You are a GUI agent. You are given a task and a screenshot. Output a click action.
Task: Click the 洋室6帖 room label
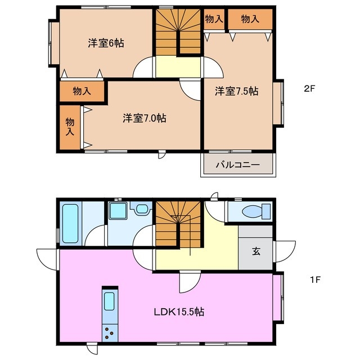click(x=106, y=43)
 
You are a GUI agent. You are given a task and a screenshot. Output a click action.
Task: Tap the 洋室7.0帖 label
click(x=145, y=118)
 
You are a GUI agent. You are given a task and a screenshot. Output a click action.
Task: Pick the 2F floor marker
click(x=310, y=88)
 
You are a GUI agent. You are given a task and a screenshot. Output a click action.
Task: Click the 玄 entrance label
click(x=256, y=251)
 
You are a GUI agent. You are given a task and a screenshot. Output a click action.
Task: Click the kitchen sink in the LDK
click(x=109, y=303)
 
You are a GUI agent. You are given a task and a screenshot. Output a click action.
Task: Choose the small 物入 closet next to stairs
click(x=214, y=19)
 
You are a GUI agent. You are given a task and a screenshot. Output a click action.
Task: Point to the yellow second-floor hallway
click(x=178, y=66)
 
